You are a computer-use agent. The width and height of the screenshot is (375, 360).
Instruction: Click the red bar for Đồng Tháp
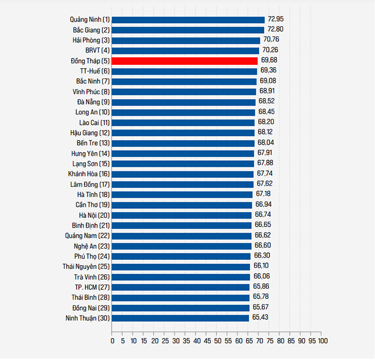click(x=185, y=61)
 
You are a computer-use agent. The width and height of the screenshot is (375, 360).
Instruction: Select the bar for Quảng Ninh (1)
click(x=188, y=20)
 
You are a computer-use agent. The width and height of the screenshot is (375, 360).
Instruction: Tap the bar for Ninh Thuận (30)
click(x=181, y=318)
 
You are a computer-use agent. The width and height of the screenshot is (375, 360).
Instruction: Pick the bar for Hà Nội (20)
click(x=182, y=215)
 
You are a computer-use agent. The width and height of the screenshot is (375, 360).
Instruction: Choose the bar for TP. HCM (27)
click(x=181, y=287)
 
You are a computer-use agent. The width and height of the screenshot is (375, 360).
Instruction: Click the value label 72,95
click(x=276, y=19)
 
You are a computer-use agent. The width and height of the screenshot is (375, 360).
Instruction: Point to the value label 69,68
click(x=269, y=61)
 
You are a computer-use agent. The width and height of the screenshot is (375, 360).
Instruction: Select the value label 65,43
click(x=260, y=318)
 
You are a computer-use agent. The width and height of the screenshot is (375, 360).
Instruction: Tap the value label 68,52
click(x=266, y=101)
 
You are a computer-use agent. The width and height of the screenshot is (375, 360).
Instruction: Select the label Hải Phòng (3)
click(x=91, y=40)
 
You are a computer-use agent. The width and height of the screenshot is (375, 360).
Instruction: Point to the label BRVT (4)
click(x=96, y=50)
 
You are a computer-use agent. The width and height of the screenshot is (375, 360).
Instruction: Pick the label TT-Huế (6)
click(x=95, y=71)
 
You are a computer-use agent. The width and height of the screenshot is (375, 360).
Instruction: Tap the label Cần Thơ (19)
click(x=93, y=205)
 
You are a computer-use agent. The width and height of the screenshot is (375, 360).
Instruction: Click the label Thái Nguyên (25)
click(x=86, y=266)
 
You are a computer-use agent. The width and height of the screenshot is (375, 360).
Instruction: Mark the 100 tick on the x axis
click(x=322, y=341)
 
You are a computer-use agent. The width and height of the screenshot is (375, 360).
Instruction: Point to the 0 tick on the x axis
click(x=112, y=341)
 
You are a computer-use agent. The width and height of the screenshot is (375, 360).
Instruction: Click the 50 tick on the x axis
click(x=217, y=341)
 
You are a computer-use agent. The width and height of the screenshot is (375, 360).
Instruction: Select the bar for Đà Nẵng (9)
click(x=184, y=102)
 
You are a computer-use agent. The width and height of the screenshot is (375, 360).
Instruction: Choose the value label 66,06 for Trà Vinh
click(x=262, y=276)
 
